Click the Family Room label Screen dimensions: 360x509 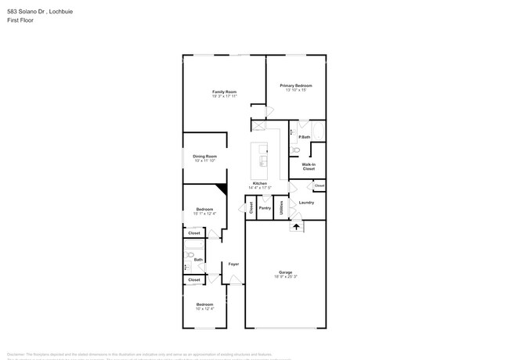[x=224, y=92]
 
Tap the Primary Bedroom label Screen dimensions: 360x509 [x=296, y=85]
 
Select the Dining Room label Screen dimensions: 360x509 [x=204, y=156]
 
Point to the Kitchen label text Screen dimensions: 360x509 [x=259, y=183]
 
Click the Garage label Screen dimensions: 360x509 [x=284, y=273]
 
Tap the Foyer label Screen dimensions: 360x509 [x=233, y=264]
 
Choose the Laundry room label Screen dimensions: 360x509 [x=306, y=203]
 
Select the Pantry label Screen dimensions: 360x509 [x=265, y=207]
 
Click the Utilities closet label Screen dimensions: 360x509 [x=281, y=207]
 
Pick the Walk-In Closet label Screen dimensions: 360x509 [x=308, y=166]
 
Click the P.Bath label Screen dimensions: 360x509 [x=305, y=138]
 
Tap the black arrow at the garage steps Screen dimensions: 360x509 [x=296, y=226]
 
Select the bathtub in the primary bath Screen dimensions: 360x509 [x=316, y=129]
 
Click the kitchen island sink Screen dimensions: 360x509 [x=264, y=161]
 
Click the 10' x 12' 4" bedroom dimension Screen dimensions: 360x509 [x=204, y=308]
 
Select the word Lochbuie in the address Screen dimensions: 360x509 [x=73, y=12]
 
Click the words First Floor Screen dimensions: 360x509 [x=22, y=20]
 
